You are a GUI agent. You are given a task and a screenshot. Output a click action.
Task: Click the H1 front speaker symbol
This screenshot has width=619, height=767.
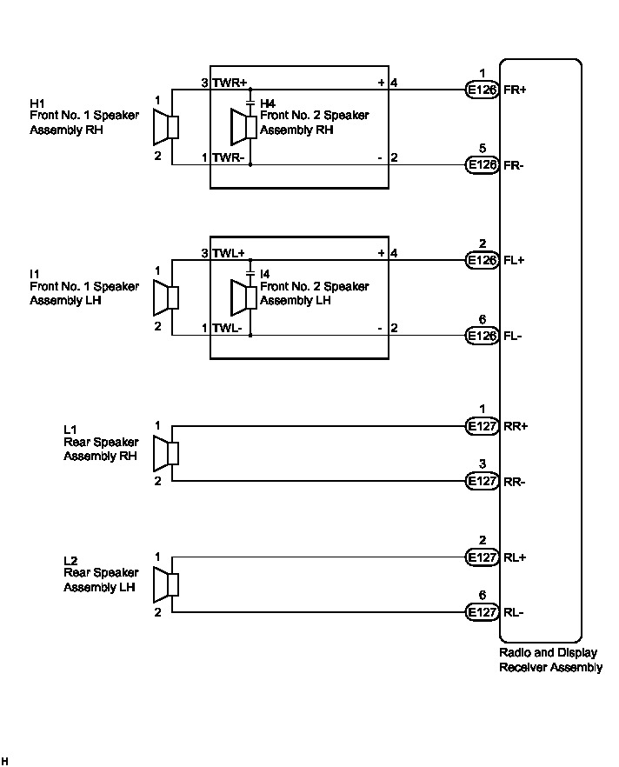click(165, 128)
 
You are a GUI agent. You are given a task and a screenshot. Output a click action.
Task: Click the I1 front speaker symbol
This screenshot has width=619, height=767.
click(165, 298)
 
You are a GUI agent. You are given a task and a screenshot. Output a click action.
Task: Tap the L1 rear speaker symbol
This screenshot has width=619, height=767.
click(165, 453)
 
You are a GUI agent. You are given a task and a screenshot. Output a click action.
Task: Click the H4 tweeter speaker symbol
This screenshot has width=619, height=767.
click(243, 128)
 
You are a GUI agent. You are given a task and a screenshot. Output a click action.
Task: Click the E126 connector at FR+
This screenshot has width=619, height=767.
click(482, 89)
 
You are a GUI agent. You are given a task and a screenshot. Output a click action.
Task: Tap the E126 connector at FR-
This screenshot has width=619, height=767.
click(482, 163)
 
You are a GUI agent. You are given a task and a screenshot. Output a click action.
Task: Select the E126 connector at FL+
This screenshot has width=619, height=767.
click(482, 259)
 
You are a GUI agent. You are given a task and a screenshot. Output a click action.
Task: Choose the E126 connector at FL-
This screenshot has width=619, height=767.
click(482, 335)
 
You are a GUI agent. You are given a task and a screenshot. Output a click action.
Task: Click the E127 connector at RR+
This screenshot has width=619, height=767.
click(482, 426)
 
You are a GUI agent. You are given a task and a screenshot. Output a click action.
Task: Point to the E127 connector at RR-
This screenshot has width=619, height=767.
click(482, 481)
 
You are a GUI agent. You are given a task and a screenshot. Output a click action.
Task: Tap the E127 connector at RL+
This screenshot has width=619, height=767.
click(482, 557)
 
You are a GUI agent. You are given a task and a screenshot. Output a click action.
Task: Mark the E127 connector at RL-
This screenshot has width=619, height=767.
click(482, 612)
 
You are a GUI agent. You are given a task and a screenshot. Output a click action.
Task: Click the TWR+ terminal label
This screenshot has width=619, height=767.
click(230, 83)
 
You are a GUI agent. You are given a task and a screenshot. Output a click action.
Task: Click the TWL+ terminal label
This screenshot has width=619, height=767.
click(230, 253)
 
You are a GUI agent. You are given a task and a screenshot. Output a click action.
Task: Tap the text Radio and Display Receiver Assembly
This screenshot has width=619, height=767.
click(550, 659)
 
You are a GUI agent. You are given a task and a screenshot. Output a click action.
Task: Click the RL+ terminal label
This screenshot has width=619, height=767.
click(516, 557)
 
